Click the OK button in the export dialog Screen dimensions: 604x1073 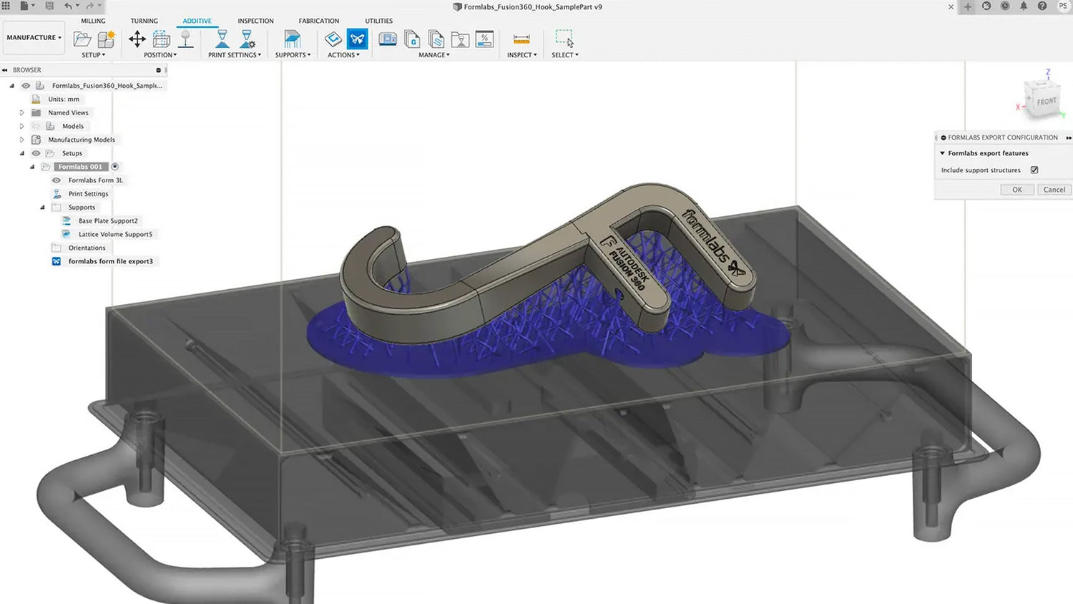(1016, 190)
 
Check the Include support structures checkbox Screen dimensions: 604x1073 (1034, 170)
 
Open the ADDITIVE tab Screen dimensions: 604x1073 (197, 21)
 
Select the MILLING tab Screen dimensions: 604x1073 (93, 21)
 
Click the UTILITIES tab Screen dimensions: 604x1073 (378, 21)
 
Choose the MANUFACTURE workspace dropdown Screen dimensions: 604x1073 (34, 38)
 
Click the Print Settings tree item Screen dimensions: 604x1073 (88, 194)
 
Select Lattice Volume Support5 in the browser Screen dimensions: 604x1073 (115, 234)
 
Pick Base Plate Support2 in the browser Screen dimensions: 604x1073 (108, 221)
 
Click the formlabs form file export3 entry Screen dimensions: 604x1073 (110, 261)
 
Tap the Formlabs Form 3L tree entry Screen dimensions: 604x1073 (95, 180)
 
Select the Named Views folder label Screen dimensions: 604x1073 (68, 112)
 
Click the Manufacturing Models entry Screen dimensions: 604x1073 (81, 140)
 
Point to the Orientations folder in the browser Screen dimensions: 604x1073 (87, 248)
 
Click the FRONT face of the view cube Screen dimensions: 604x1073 (1046, 102)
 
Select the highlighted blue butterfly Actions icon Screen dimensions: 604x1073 (357, 39)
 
